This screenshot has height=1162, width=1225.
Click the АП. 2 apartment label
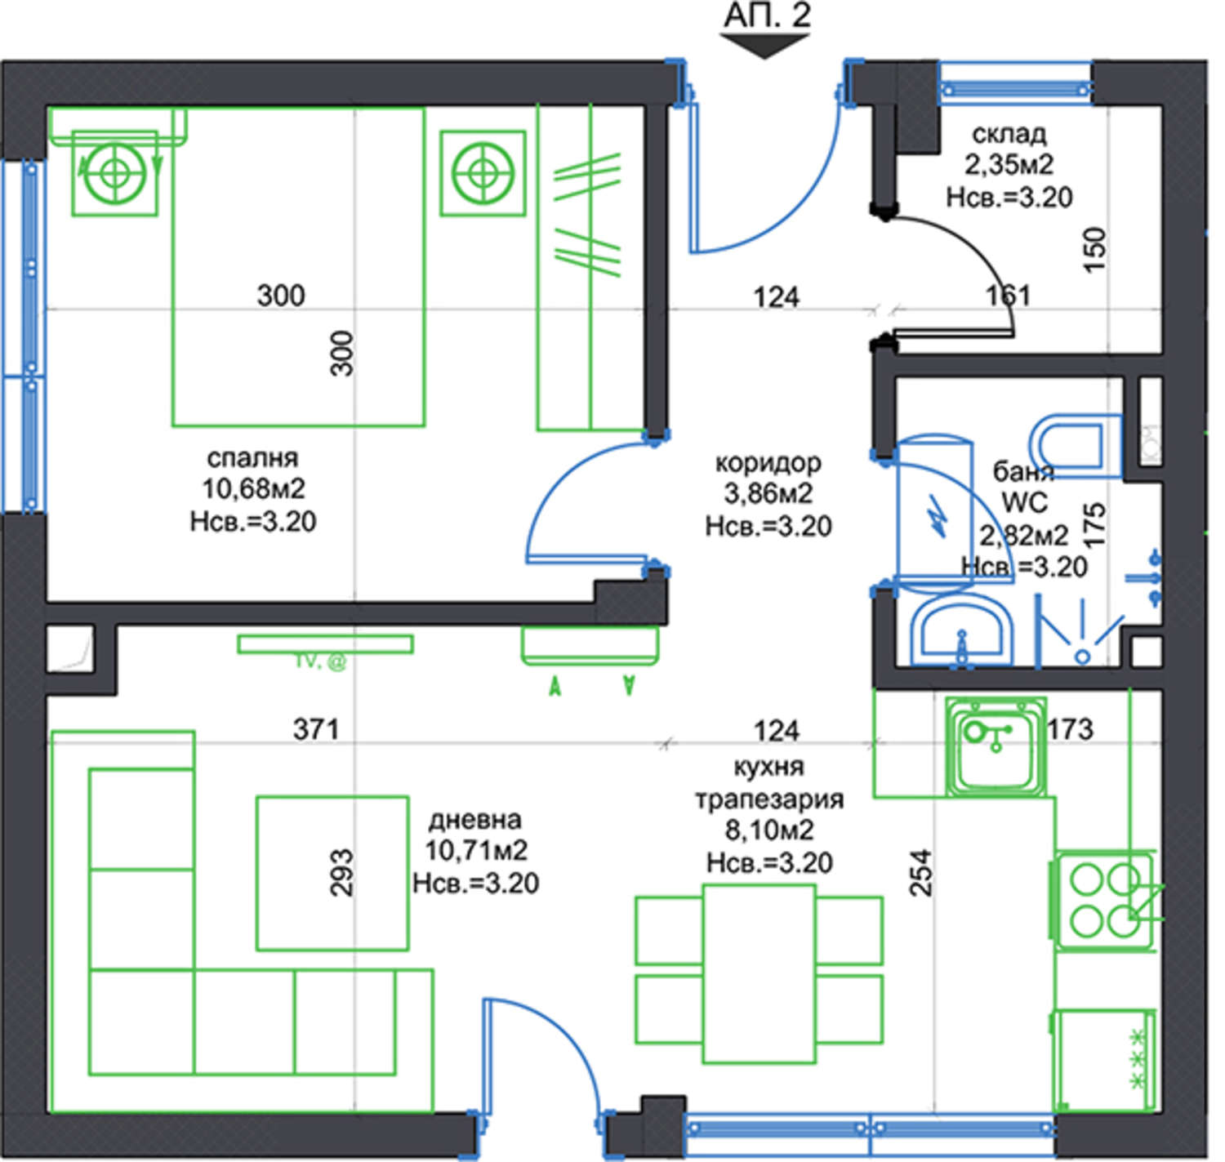pyautogui.click(x=767, y=16)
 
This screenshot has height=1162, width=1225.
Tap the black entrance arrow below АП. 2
pyautogui.click(x=764, y=46)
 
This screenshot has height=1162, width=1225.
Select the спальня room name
pyautogui.click(x=253, y=458)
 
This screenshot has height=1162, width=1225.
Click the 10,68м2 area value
pyautogui.click(x=253, y=489)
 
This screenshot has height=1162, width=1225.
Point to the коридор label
pyautogui.click(x=768, y=463)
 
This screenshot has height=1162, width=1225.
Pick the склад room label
pyautogui.click(x=1009, y=133)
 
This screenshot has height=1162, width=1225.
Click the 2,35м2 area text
pyautogui.click(x=1009, y=164)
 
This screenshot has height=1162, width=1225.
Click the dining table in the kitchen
pyautogui.click(x=759, y=973)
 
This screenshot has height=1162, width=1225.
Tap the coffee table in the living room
pyautogui.click(x=332, y=873)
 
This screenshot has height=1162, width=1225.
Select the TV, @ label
pyautogui.click(x=320, y=662)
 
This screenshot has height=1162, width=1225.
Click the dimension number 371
pyautogui.click(x=317, y=729)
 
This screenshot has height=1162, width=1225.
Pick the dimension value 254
pyautogui.click(x=921, y=872)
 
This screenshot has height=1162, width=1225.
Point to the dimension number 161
pyautogui.click(x=1008, y=296)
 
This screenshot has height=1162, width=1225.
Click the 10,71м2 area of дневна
pyautogui.click(x=476, y=850)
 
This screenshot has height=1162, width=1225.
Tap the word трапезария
pyautogui.click(x=769, y=799)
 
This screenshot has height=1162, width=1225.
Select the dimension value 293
pyautogui.click(x=341, y=873)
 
